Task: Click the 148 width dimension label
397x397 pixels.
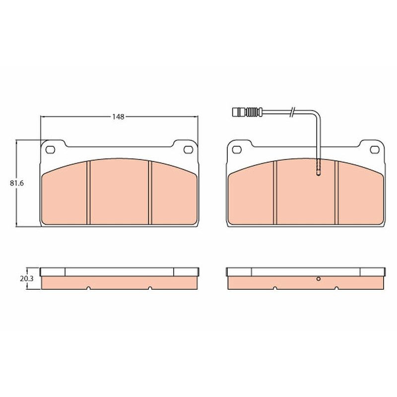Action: click(x=119, y=117)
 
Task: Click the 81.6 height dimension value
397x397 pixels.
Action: click(x=17, y=183)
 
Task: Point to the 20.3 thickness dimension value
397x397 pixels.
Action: click(x=27, y=279)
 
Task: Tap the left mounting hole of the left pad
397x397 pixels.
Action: click(x=50, y=150)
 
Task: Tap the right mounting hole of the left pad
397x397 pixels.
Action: click(x=188, y=150)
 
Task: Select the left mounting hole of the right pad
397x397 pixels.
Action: click(x=237, y=150)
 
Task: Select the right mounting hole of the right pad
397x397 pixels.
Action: click(x=375, y=150)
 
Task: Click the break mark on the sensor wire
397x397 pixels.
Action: click(x=292, y=112)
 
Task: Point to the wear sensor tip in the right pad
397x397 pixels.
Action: click(x=319, y=167)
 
